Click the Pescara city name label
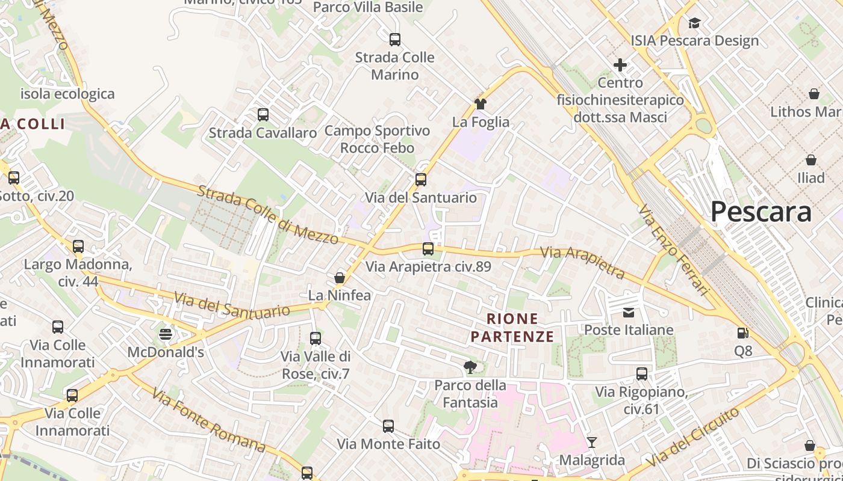(761, 212)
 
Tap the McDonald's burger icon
(166, 334)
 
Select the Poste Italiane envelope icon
(629, 312)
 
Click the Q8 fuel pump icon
(743, 332)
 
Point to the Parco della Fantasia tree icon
(470, 367)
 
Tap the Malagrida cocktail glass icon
(592, 443)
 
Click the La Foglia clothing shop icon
(480, 103)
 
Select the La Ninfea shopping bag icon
(340, 278)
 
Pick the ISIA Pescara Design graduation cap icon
(694, 23)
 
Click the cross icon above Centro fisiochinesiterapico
(620, 64)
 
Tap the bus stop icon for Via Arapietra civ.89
(428, 248)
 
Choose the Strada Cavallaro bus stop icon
(263, 114)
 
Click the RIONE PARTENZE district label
(512, 328)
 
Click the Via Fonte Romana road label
(208, 420)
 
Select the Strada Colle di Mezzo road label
(268, 215)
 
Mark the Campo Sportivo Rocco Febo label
(378, 139)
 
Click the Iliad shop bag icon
(811, 160)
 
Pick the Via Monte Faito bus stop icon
(388, 426)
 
